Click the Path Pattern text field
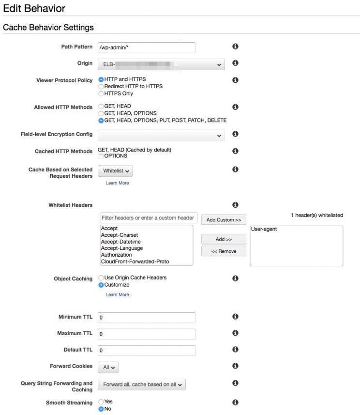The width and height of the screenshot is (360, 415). tap(146, 47)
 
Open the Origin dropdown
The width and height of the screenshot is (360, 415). tap(161, 64)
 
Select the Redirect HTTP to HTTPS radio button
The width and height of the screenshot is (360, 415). tap(101, 86)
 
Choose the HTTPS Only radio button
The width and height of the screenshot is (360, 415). tap(101, 93)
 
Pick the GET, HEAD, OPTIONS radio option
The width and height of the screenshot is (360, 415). tap(101, 113)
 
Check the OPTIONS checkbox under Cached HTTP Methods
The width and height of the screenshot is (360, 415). tap(101, 156)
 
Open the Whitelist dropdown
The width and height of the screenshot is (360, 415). tap(115, 171)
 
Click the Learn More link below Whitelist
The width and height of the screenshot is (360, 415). tap(117, 183)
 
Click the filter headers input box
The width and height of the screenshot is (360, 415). tap(149, 218)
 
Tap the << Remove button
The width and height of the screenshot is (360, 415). tap(224, 251)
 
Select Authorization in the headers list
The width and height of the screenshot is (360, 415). tap(117, 255)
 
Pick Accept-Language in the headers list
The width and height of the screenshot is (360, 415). tap(121, 248)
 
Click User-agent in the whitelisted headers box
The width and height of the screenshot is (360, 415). tap(265, 229)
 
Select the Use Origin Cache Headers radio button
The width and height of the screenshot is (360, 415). tap(101, 278)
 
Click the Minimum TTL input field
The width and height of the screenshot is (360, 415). tap(146, 318)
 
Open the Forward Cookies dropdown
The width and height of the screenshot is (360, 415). tap(108, 368)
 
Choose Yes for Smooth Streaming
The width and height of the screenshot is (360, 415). tap(101, 402)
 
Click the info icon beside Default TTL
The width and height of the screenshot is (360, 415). tap(235, 349)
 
